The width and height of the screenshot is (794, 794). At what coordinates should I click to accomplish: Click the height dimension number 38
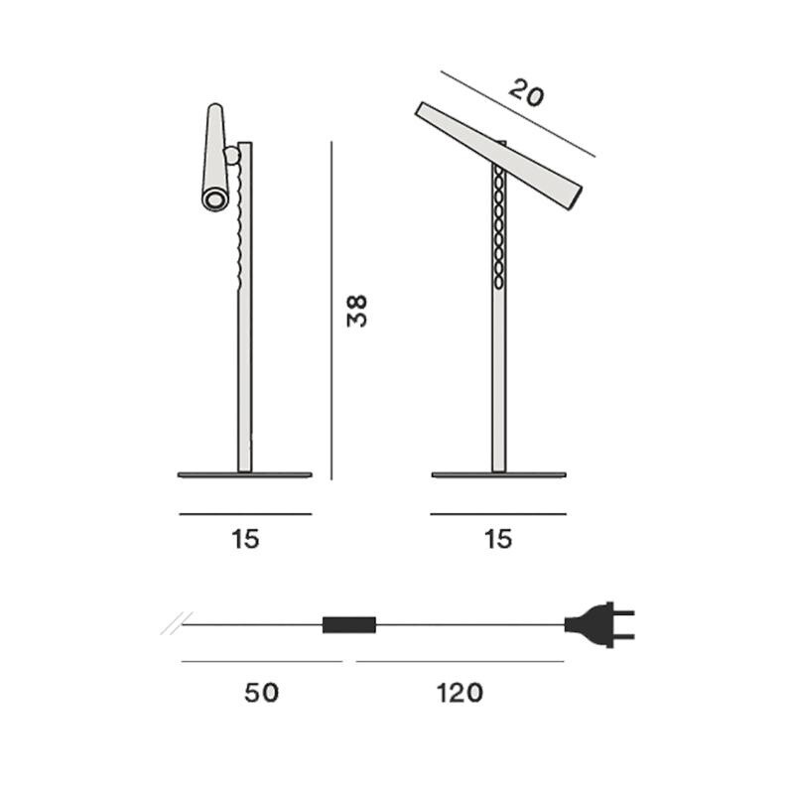tap(357, 311)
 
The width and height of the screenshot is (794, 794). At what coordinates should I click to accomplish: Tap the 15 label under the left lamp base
tap(245, 539)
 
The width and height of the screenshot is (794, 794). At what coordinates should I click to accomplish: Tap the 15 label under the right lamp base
tap(498, 539)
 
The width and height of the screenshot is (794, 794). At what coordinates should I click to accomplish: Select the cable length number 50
tap(261, 692)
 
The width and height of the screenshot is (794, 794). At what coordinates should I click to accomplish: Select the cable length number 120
tap(459, 692)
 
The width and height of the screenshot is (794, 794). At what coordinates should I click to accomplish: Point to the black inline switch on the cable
tap(349, 625)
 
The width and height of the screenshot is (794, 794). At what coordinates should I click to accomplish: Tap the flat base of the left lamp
tap(244, 474)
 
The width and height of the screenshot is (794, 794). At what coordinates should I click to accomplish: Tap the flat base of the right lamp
tap(498, 474)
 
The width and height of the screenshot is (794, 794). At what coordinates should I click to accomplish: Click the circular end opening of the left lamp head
tap(212, 201)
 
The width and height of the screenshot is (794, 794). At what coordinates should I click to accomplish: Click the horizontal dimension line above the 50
tap(261, 660)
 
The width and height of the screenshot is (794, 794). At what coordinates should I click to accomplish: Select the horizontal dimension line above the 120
tap(459, 660)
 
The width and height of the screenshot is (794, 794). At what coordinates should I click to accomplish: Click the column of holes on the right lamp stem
tap(498, 228)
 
